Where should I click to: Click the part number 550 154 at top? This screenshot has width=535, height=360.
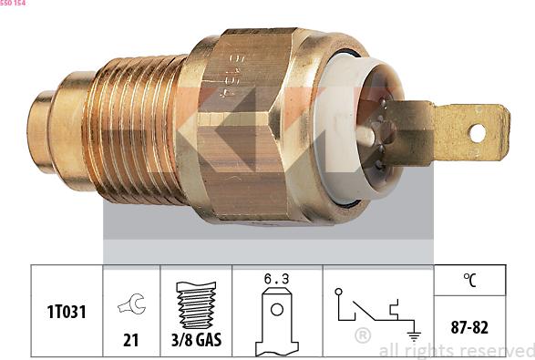coord(13,3)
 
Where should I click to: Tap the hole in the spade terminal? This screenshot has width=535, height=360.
coord(477,133)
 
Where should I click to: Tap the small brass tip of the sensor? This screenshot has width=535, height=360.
coord(40,131)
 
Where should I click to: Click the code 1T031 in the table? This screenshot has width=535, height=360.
coord(67,312)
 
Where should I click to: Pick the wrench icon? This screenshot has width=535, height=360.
coord(132,303)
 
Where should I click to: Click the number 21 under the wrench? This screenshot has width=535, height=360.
coord(131,340)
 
